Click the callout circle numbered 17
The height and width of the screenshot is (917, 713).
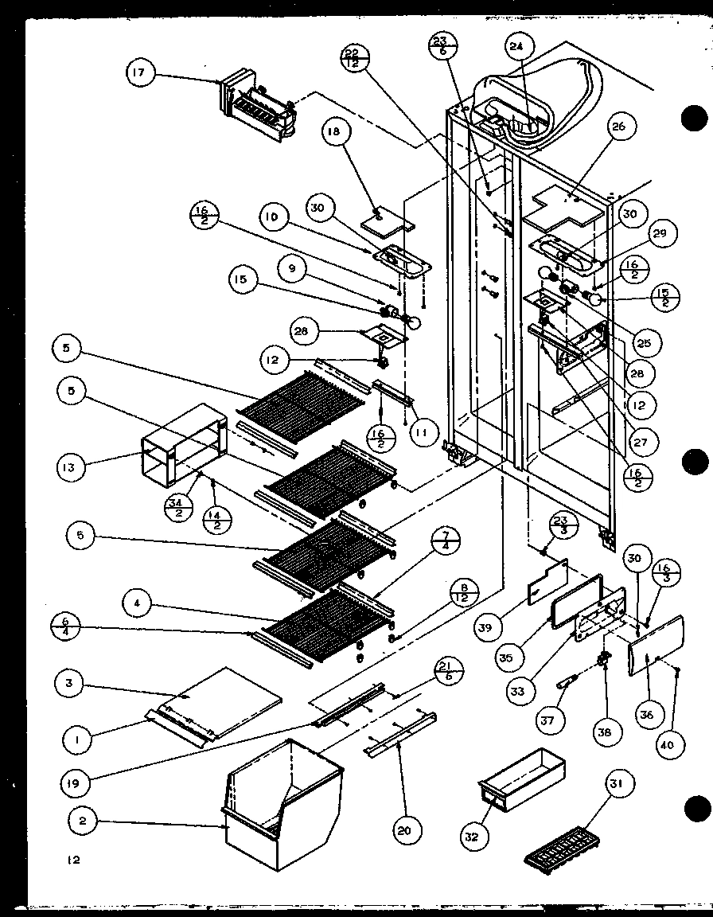click(x=141, y=75)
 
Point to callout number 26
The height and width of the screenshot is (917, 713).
click(x=619, y=126)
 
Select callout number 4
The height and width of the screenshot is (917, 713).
click(x=138, y=604)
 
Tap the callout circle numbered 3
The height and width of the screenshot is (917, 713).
click(x=72, y=684)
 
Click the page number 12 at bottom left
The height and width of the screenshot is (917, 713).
click(x=74, y=860)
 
